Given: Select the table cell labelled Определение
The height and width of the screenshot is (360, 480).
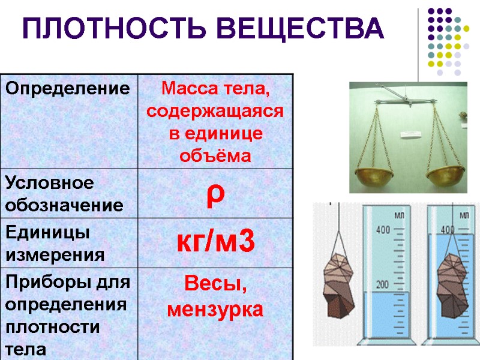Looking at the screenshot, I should click(68, 89).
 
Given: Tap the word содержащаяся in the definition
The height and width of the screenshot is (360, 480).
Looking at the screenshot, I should click(215, 112).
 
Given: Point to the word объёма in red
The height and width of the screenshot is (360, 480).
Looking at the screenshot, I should click(215, 156).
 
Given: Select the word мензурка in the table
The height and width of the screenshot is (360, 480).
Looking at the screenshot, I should click(215, 310).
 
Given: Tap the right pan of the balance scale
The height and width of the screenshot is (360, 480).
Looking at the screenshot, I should click(447, 175).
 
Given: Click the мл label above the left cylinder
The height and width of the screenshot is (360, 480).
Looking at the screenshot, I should click(398, 214).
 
